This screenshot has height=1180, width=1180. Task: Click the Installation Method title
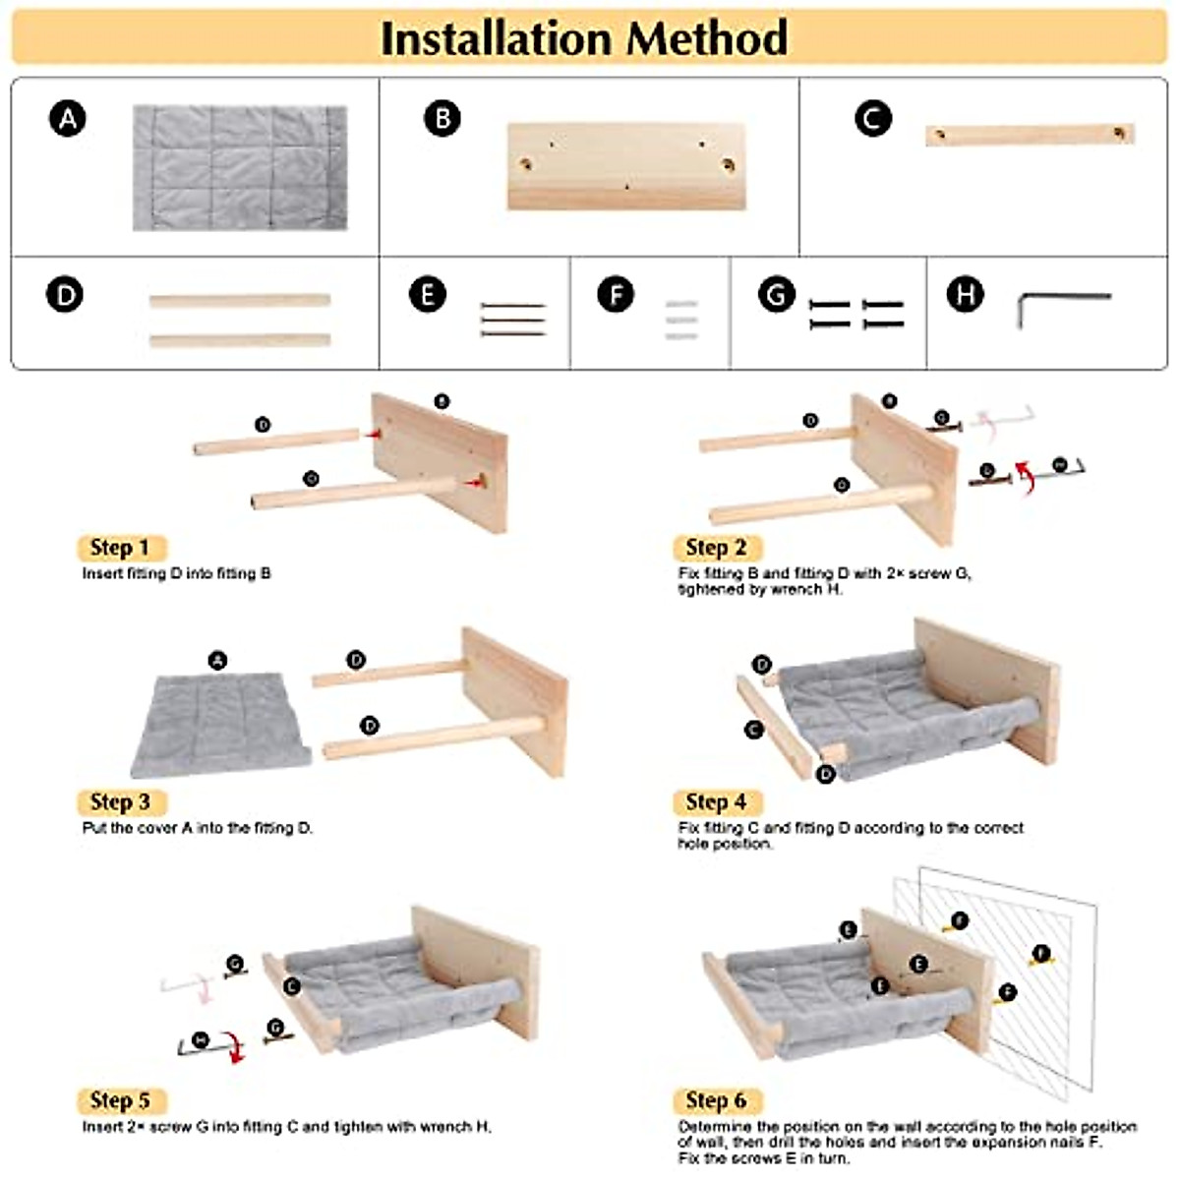tap(584, 37)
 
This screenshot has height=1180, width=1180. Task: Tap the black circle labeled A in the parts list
tap(67, 119)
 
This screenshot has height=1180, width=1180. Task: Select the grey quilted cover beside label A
tap(240, 168)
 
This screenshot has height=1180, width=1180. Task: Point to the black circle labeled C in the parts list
tap(872, 119)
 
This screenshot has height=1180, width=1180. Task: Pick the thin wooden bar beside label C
tap(1029, 135)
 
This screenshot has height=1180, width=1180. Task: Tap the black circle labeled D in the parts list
tap(65, 294)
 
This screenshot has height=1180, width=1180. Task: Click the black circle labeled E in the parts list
tap(427, 294)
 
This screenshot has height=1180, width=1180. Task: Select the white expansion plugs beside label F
tap(681, 321)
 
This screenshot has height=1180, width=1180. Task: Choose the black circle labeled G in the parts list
tap(777, 294)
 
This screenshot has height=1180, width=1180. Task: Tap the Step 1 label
tap(120, 548)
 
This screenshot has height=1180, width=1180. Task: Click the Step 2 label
tap(717, 548)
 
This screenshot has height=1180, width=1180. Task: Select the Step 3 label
tap(120, 802)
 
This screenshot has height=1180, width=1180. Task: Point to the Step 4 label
tap(717, 802)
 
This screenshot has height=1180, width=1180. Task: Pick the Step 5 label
tap(120, 1100)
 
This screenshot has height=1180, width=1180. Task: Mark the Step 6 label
tap(717, 1100)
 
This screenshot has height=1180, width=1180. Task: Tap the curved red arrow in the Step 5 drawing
tap(234, 1046)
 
